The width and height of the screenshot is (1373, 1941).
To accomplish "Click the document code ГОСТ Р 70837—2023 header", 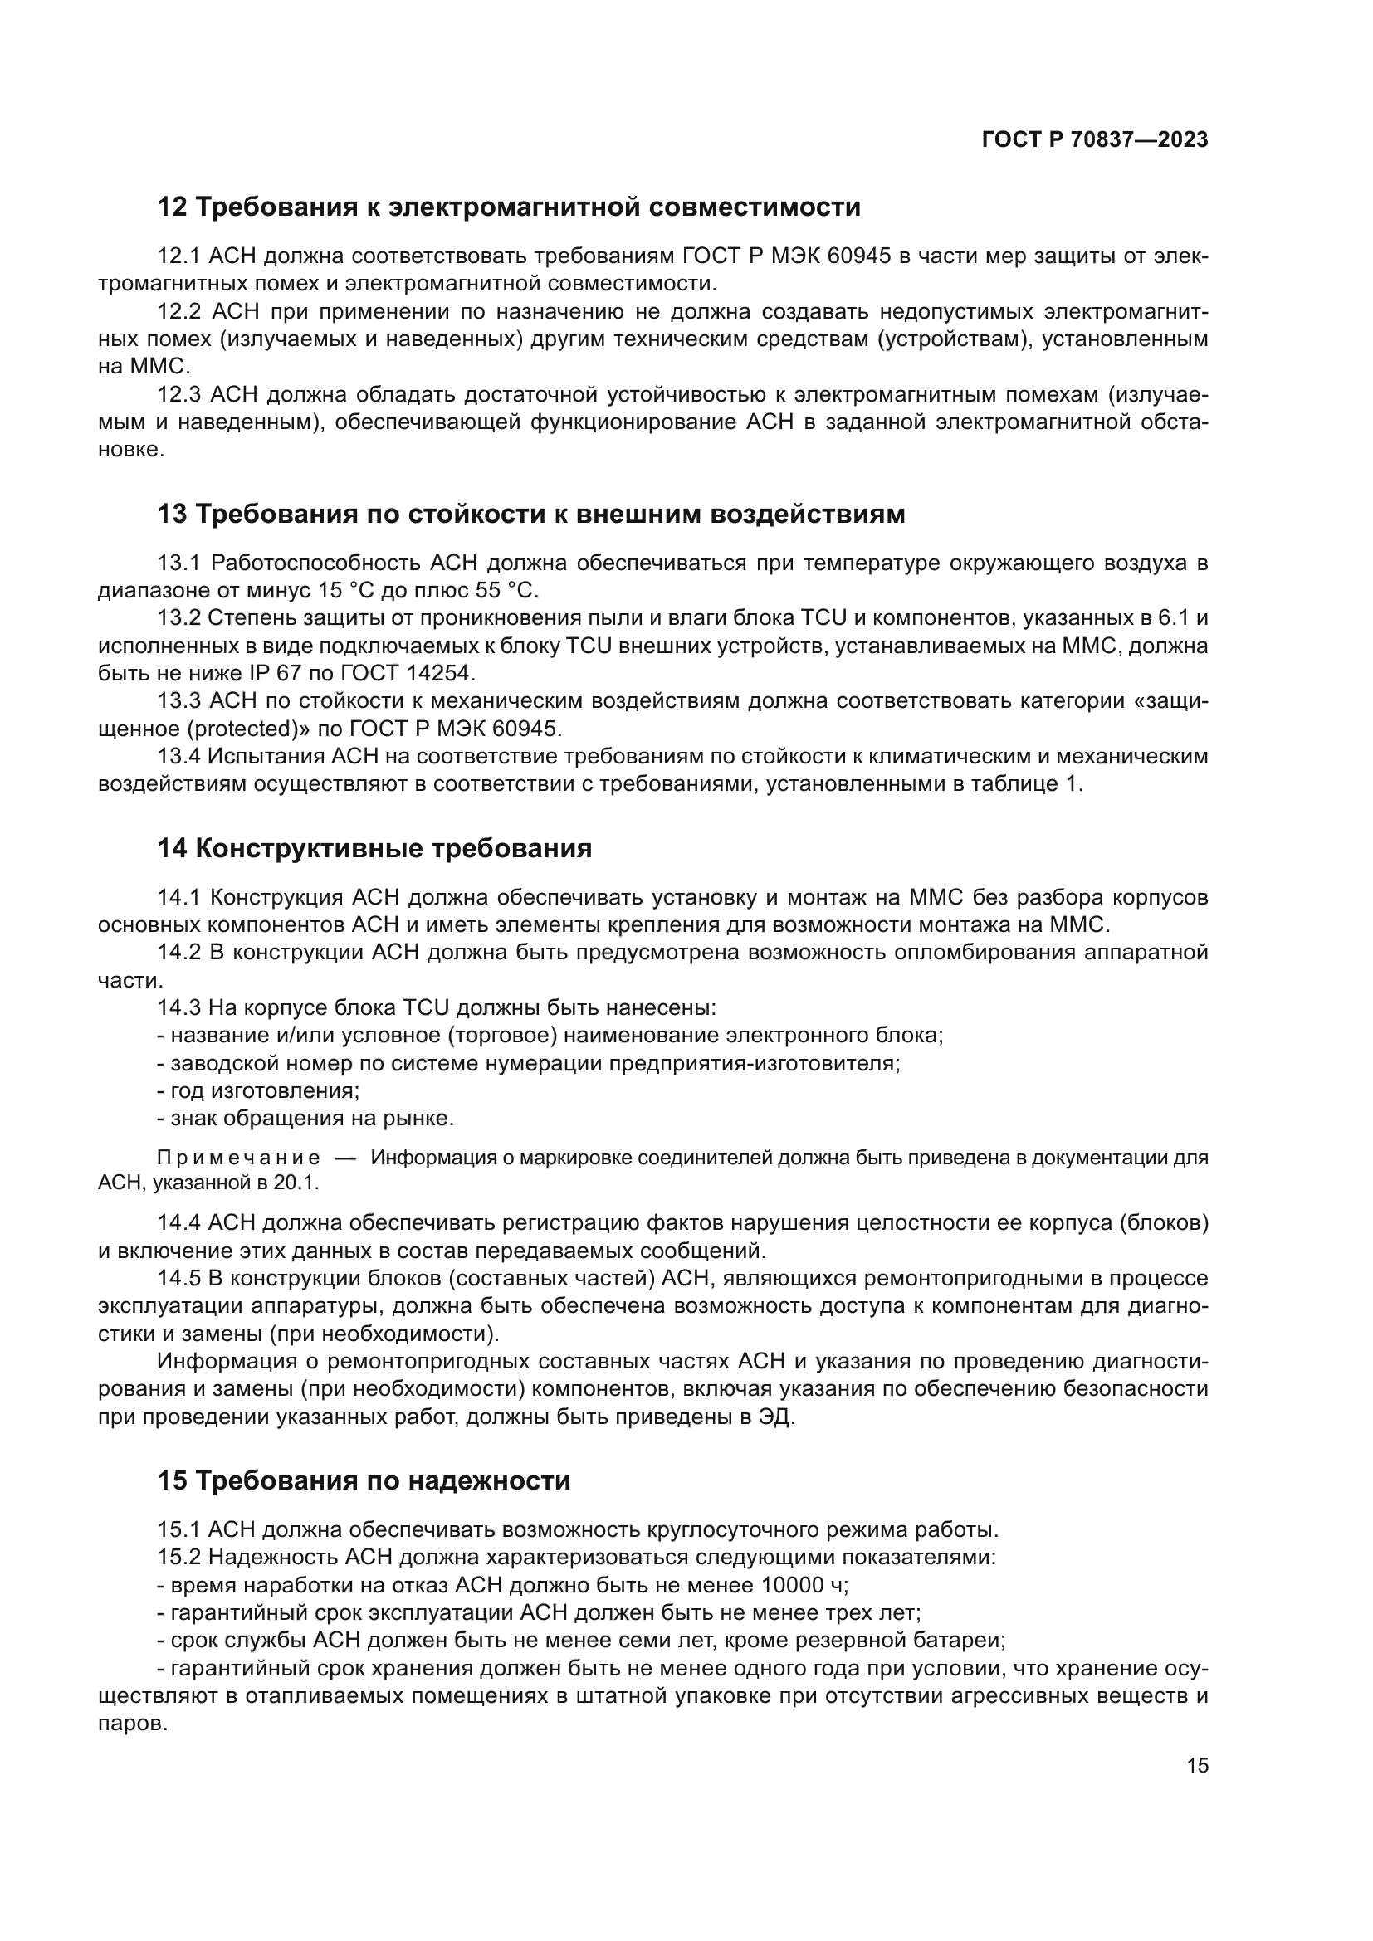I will pyautogui.click(x=1094, y=139).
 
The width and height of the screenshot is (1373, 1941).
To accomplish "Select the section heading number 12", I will pyautogui.click(x=172, y=207).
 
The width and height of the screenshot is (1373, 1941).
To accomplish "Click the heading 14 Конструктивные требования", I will pyautogui.click(x=374, y=849).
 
